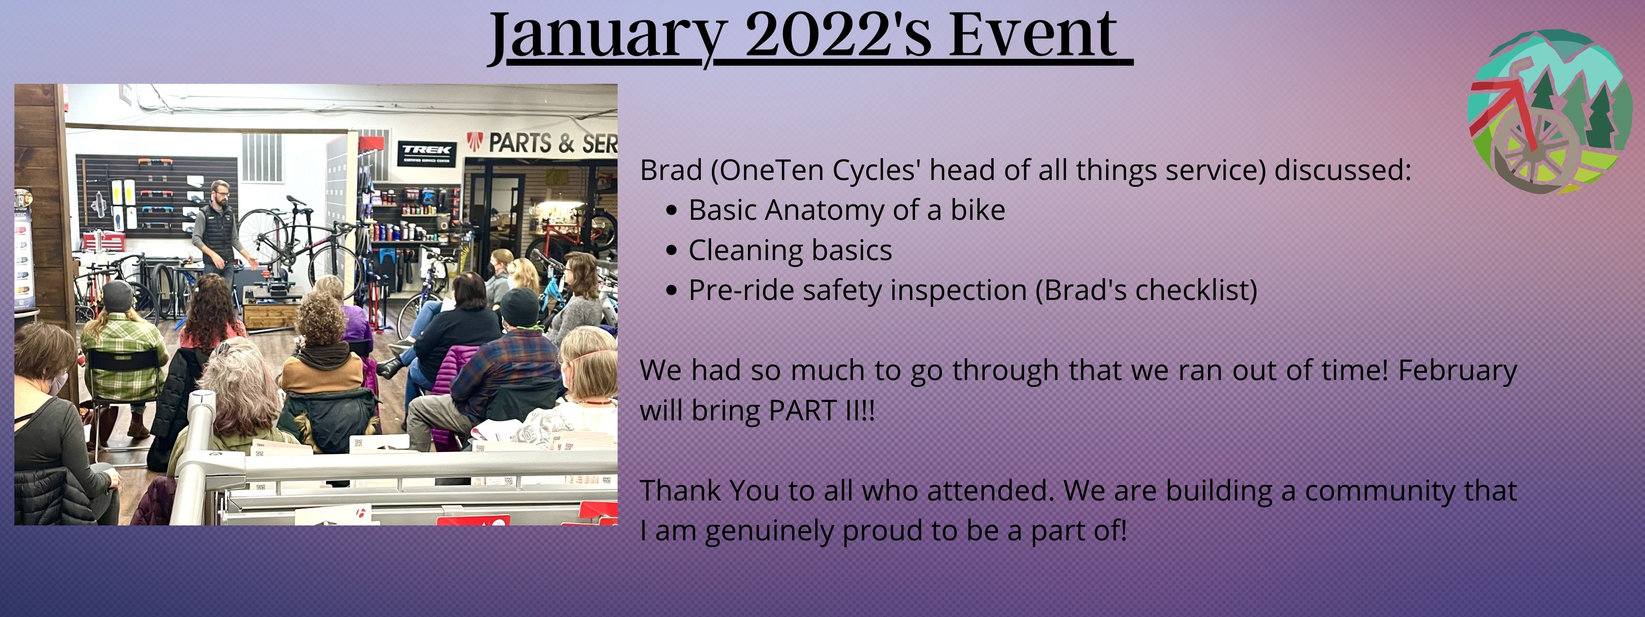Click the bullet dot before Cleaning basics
click(x=670, y=250)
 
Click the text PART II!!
click(x=822, y=410)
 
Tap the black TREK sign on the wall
click(x=427, y=153)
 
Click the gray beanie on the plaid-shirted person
click(x=117, y=296)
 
